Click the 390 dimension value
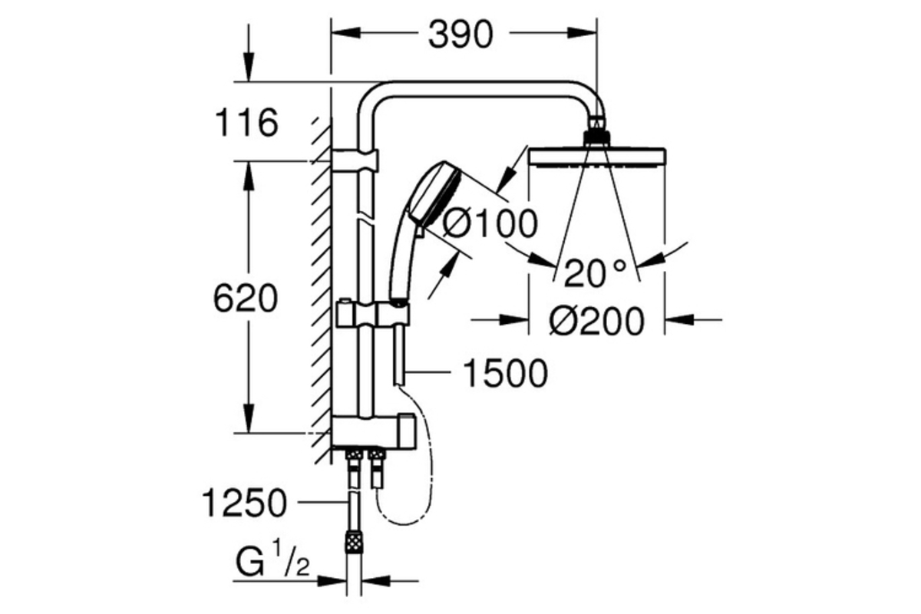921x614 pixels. click(x=460, y=34)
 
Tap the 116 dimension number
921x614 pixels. click(x=246, y=123)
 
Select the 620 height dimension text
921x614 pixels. click(x=246, y=299)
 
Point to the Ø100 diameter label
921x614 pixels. click(x=490, y=223)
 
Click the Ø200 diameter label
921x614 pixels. click(x=597, y=321)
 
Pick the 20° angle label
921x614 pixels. click(x=596, y=273)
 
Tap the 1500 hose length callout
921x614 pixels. click(x=505, y=374)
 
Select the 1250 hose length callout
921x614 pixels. click(x=245, y=503)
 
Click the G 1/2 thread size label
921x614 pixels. click(x=272, y=560)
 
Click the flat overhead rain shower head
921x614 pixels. click(x=596, y=157)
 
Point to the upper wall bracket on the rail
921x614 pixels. click(x=355, y=160)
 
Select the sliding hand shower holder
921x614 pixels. click(x=372, y=314)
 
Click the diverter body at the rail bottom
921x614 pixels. click(x=373, y=432)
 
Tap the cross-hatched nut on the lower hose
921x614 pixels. click(x=354, y=542)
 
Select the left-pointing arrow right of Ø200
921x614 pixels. click(x=694, y=319)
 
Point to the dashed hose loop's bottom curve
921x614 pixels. click(x=405, y=523)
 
